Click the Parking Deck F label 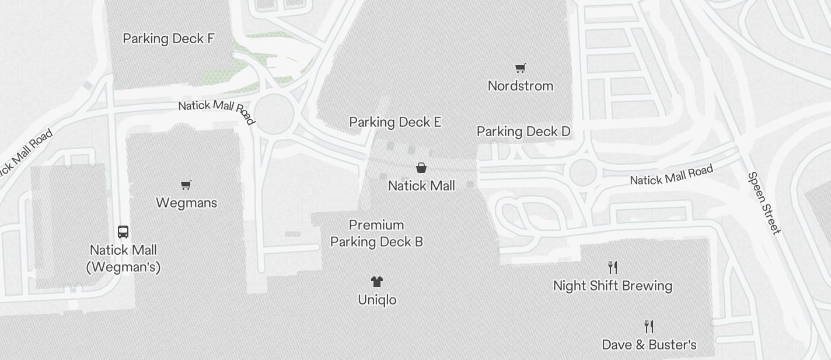point(169,39)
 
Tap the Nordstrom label point(520,86)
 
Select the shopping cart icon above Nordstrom point(520,68)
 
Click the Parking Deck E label point(395,122)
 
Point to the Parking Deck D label point(523,131)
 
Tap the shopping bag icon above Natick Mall point(421,168)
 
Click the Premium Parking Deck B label point(376,233)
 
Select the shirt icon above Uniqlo point(376,282)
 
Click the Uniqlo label point(377,300)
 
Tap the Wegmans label point(186,203)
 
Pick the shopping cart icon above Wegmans point(186,185)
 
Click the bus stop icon point(123,232)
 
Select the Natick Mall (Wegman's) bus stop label point(123,258)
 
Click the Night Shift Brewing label point(612,286)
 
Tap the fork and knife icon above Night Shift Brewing point(612,268)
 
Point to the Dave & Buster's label point(649,345)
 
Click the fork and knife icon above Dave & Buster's point(648,326)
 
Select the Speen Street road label point(764,203)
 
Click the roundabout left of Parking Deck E point(273,113)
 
